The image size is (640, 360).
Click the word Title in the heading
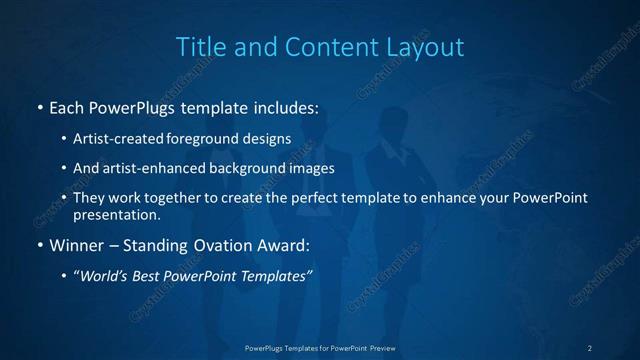coord(199,47)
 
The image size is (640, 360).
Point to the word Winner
coord(76,244)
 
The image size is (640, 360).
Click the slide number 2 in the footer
coord(589,347)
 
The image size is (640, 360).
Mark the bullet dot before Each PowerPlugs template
coord(39,106)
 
